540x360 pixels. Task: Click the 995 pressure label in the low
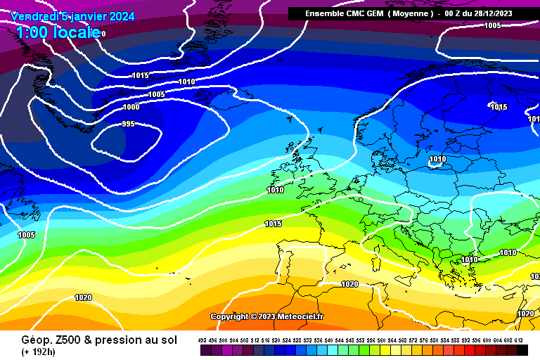point(128,124)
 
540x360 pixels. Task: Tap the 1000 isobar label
point(131,108)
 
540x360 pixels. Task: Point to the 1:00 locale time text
point(56,32)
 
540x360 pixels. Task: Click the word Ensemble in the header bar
point(324,13)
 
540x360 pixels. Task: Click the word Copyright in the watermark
point(229,316)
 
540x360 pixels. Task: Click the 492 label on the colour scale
point(202,340)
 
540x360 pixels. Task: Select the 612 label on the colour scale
point(518,340)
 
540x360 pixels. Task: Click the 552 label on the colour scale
point(360,340)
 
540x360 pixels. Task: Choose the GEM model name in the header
point(373,13)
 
